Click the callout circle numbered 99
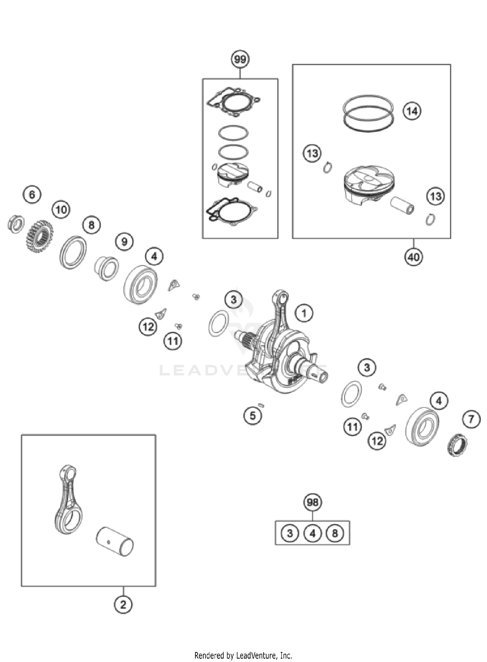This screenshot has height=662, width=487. pyautogui.click(x=240, y=59)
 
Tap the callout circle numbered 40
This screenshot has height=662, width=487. pyautogui.click(x=413, y=257)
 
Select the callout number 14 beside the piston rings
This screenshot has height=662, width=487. pyautogui.click(x=412, y=111)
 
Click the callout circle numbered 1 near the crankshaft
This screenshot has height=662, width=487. pyautogui.click(x=304, y=313)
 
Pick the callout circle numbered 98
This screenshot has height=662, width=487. pyautogui.click(x=312, y=503)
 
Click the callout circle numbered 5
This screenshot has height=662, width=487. pyautogui.click(x=253, y=415)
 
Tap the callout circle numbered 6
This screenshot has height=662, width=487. pyautogui.click(x=32, y=195)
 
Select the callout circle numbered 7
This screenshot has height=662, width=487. pyautogui.click(x=471, y=419)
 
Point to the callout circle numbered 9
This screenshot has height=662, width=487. pyautogui.click(x=124, y=242)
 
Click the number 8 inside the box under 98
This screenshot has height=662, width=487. pyautogui.click(x=335, y=533)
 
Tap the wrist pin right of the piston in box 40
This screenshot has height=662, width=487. pyautogui.click(x=402, y=205)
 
